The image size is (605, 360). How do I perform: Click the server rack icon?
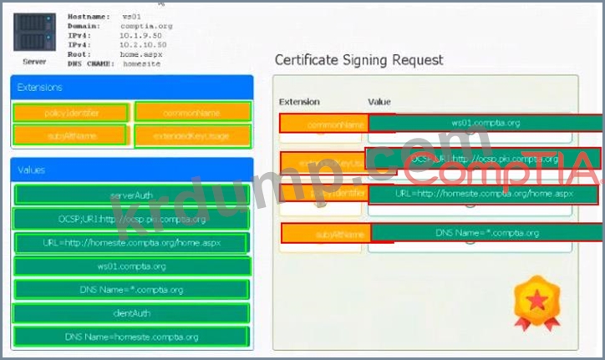tap(34, 31)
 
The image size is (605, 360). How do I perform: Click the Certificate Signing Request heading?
tap(359, 60)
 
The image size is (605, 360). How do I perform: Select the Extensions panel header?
tap(132, 86)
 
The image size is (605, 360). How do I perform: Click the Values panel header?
tap(132, 170)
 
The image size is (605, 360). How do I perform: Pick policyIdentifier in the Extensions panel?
tap(70, 112)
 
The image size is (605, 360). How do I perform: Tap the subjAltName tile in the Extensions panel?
tap(70, 134)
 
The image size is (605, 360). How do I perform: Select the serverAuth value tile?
tap(131, 195)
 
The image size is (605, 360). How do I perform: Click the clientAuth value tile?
tap(131, 313)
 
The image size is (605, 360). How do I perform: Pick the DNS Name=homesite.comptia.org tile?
tap(131, 337)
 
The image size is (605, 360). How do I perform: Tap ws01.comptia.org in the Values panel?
tap(131, 266)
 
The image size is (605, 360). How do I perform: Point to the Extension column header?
tap(299, 102)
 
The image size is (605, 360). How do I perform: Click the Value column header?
tap(379, 102)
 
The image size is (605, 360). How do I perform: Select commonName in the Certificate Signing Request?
tap(323, 124)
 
